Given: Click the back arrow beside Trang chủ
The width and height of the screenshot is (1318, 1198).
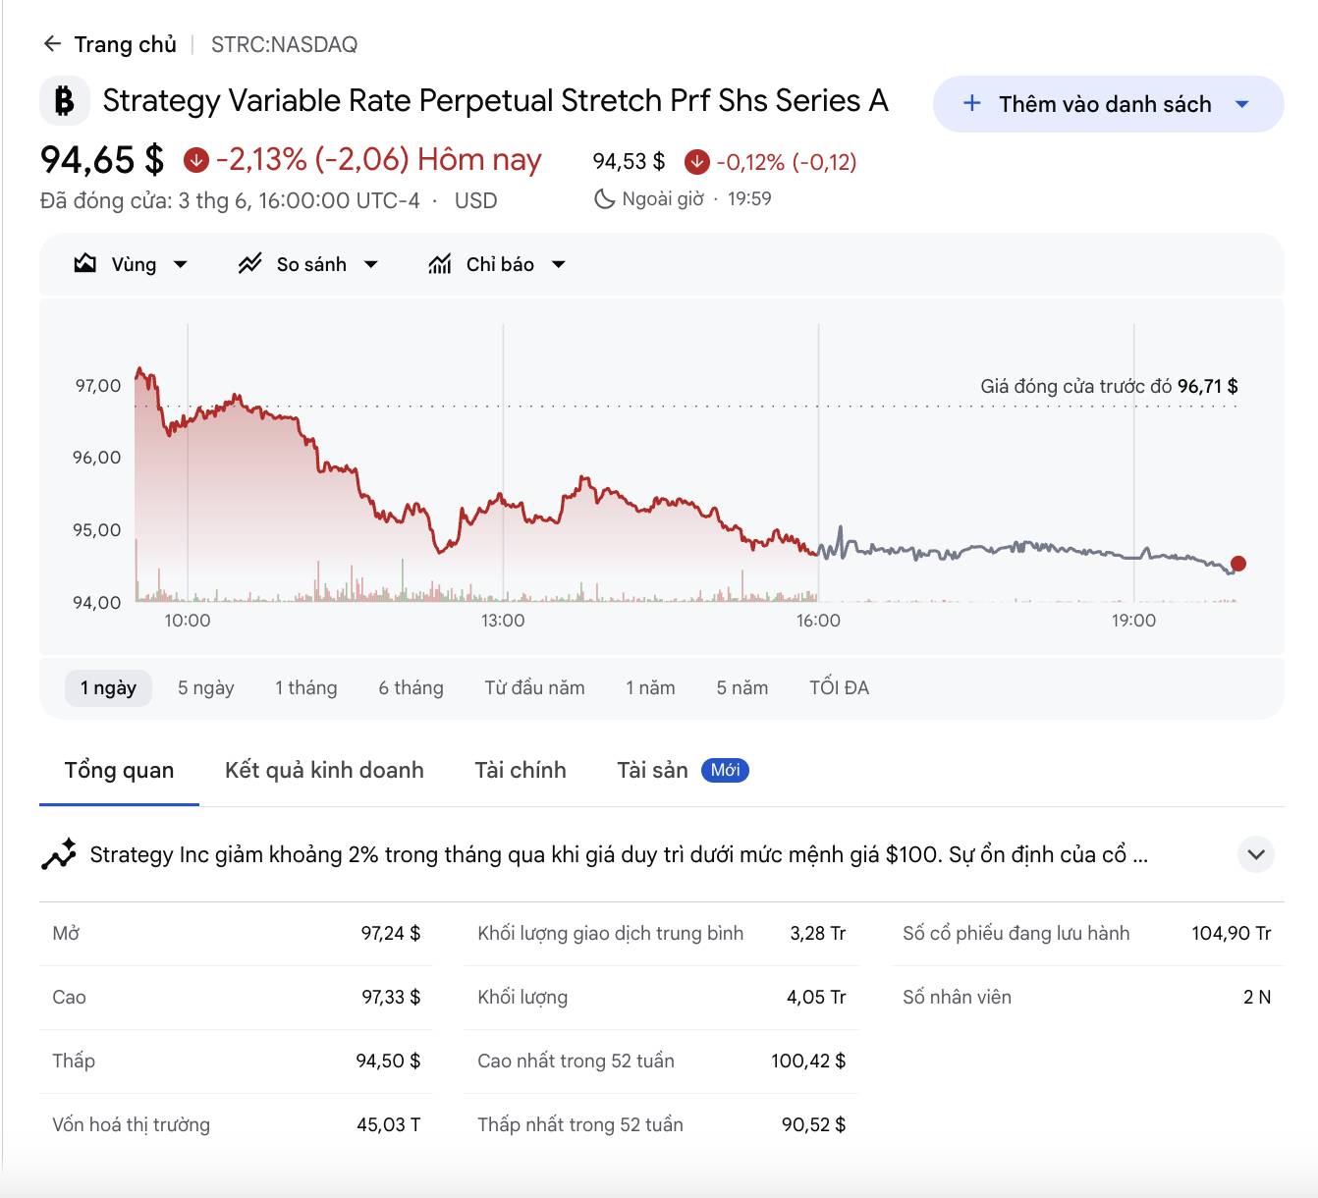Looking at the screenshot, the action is pyautogui.click(x=52, y=44).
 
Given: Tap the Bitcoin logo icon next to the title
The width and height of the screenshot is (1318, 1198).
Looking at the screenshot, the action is pyautogui.click(x=65, y=100).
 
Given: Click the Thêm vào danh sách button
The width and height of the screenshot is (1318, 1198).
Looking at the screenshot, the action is pyautogui.click(x=1108, y=104).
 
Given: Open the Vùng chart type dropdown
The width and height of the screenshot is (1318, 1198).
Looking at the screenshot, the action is pyautogui.click(x=131, y=264).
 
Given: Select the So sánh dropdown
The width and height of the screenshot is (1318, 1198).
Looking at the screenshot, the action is pyautogui.click(x=307, y=264).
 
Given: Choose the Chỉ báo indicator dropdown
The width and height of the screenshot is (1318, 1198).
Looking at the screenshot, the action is pyautogui.click(x=497, y=264).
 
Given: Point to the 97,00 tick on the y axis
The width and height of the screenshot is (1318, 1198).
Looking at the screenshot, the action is pyautogui.click(x=98, y=385).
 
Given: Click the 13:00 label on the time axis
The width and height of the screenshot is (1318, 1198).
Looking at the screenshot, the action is pyautogui.click(x=503, y=621).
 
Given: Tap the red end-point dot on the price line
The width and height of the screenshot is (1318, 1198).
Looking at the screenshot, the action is pyautogui.click(x=1237, y=564).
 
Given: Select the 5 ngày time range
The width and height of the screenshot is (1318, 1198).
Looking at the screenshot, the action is pyautogui.click(x=205, y=687).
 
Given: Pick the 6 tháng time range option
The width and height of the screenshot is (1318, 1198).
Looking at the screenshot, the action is pyautogui.click(x=411, y=687).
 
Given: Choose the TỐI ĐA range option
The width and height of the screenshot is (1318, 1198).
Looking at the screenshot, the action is pyautogui.click(x=839, y=687).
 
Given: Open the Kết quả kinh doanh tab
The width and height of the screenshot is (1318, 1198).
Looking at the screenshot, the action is pyautogui.click(x=324, y=770).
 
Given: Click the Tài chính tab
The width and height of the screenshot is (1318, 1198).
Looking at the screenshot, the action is pyautogui.click(x=521, y=770).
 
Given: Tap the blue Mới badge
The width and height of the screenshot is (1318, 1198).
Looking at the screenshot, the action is pyautogui.click(x=725, y=770).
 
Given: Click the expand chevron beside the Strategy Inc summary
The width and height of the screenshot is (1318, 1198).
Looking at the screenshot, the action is pyautogui.click(x=1255, y=854).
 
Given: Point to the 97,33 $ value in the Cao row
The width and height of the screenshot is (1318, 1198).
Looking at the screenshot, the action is pyautogui.click(x=391, y=997).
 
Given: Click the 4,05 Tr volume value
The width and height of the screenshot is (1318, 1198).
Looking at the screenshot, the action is pyautogui.click(x=816, y=997).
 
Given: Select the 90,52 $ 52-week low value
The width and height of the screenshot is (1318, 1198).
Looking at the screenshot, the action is pyautogui.click(x=813, y=1124).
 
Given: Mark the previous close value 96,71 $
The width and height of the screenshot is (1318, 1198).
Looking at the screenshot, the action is pyautogui.click(x=1208, y=386).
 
